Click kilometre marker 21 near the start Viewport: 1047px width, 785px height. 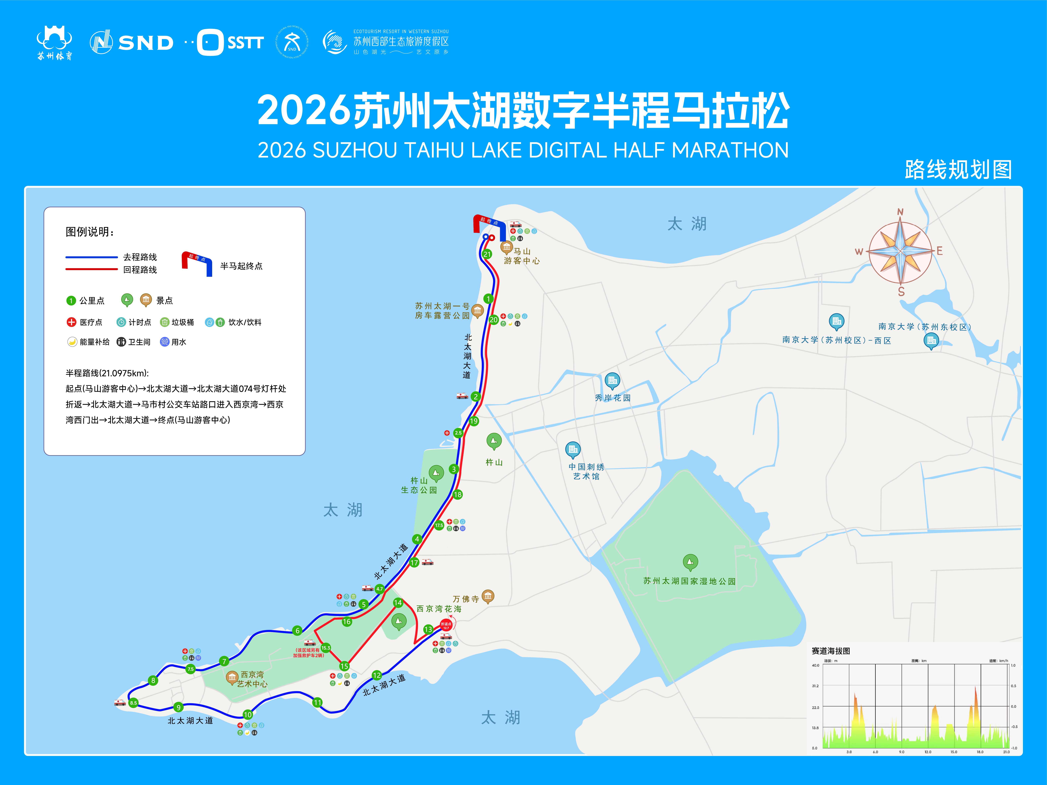487,254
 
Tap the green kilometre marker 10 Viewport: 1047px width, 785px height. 247,715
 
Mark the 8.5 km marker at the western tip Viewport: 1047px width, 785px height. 134,703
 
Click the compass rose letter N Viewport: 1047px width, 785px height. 900,212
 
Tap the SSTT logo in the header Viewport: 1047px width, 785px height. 231,43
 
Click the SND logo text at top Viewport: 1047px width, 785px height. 146,43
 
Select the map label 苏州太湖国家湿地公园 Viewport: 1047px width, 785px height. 689,581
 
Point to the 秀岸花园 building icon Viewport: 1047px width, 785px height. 612,380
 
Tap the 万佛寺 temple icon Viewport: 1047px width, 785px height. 488,596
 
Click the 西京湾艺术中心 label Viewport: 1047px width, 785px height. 252,679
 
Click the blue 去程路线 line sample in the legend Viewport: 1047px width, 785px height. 91,257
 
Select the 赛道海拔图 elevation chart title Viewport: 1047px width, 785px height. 831,651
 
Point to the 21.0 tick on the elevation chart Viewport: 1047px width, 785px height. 1006,752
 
